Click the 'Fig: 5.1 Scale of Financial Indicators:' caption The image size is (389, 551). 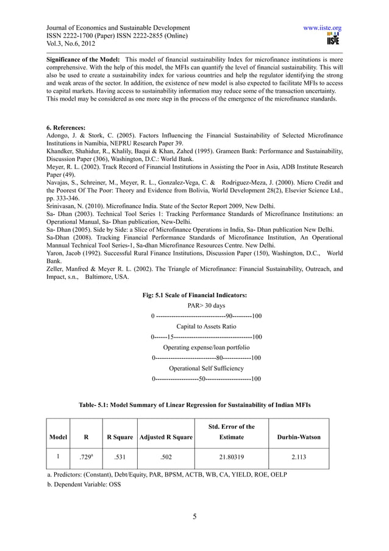(194, 295)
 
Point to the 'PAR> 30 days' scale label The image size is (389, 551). (206, 305)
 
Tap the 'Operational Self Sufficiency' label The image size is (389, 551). (206, 369)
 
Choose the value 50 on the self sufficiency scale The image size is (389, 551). (202, 379)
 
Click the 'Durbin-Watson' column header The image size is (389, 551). (299, 438)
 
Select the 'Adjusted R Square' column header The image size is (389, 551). (166, 438)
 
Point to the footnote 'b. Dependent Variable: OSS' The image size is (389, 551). (84, 484)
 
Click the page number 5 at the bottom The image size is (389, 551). (194, 518)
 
